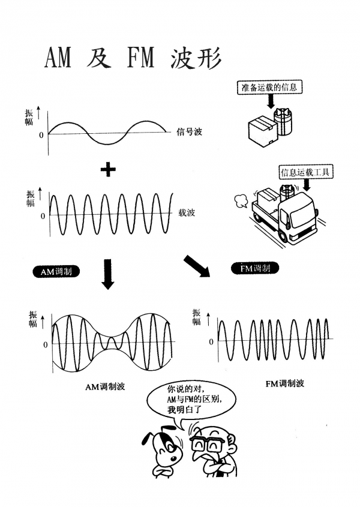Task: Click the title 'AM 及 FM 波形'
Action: point(133,58)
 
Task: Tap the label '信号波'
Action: point(189,131)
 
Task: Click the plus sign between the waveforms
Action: point(108,170)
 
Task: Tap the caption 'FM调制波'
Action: point(284,382)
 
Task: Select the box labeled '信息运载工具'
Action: point(306,173)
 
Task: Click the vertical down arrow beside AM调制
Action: point(108,273)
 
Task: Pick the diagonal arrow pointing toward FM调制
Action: point(197,266)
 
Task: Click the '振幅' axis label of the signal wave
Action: point(29,117)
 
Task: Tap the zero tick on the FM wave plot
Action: point(211,341)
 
